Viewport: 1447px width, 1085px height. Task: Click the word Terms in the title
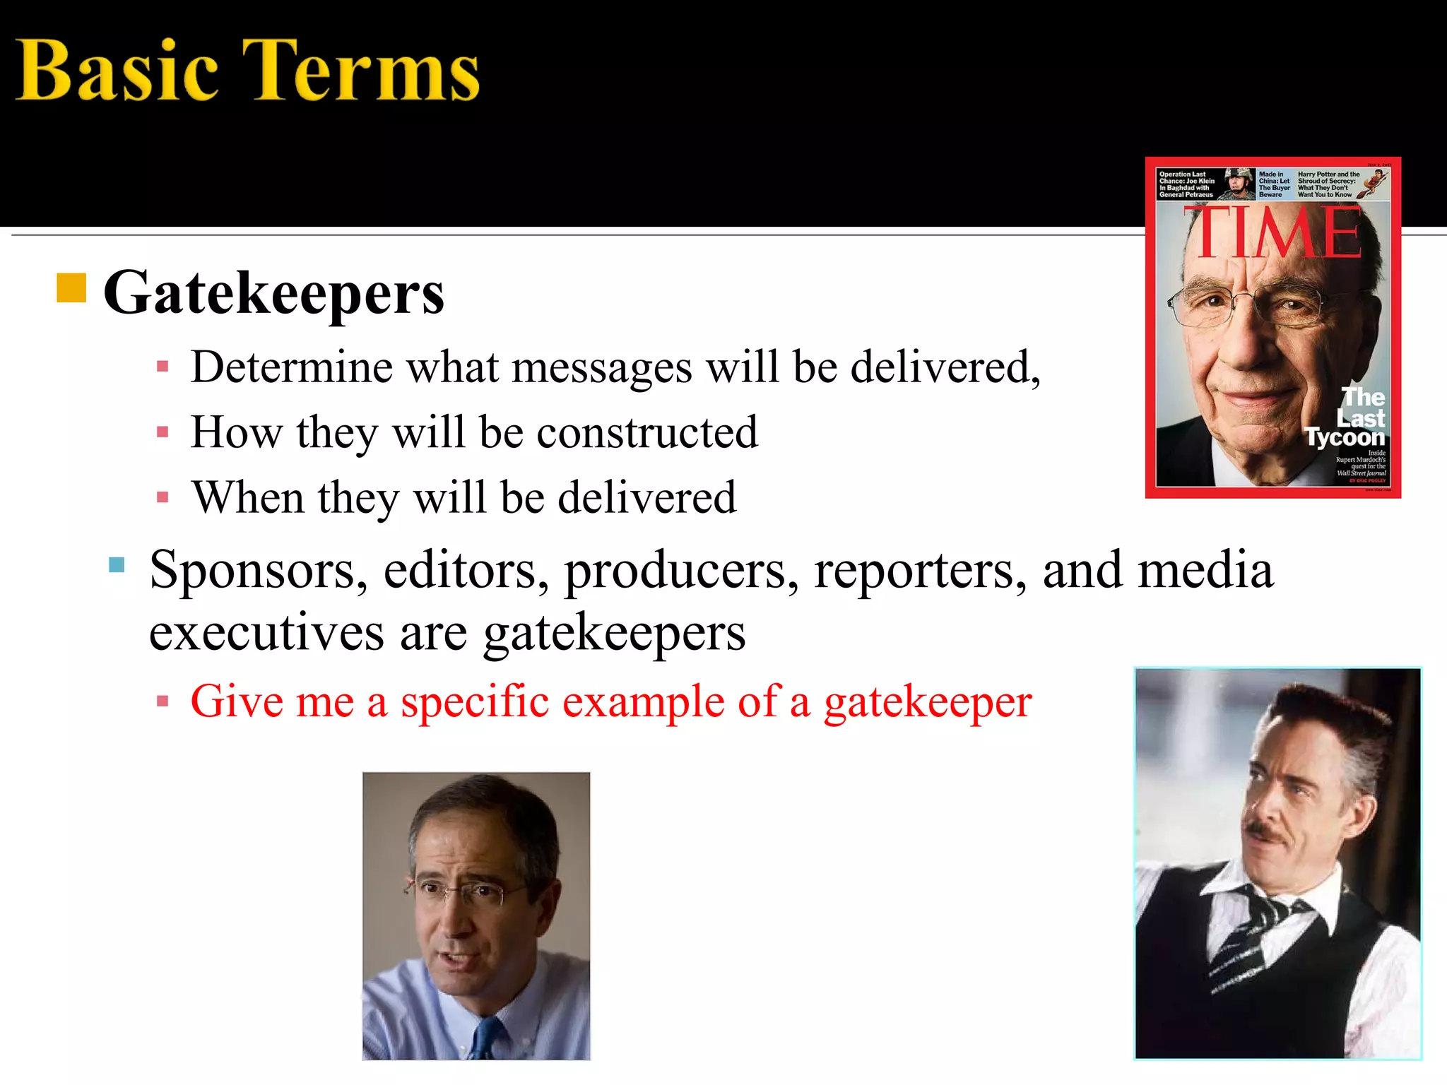[360, 71]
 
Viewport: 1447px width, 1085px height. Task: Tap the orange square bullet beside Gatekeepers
[71, 287]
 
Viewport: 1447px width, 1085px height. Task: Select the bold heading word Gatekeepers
[274, 293]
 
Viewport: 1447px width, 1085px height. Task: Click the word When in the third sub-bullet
[247, 497]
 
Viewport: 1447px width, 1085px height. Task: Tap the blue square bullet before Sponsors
[117, 565]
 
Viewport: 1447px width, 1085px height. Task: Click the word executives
[266, 632]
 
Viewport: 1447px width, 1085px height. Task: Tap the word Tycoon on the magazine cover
[1345, 438]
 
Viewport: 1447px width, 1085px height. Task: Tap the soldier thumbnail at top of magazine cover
[1239, 184]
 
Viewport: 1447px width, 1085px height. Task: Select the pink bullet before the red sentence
[163, 702]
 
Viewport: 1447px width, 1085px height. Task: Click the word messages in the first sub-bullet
[601, 367]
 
